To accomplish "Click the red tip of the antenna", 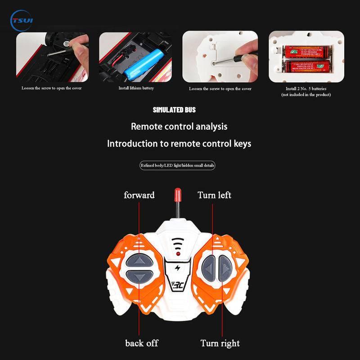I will (178, 195).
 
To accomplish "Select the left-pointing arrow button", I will (208, 267).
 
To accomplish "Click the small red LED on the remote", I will (179, 255).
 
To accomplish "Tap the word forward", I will (139, 195).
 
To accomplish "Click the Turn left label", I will (214, 195).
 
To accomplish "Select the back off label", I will (142, 343).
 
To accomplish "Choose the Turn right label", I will (220, 343).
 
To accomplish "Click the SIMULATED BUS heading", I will (174, 110).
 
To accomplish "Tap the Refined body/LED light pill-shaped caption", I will (178, 166).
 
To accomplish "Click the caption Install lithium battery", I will (136, 88).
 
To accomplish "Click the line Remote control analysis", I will (179, 126).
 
